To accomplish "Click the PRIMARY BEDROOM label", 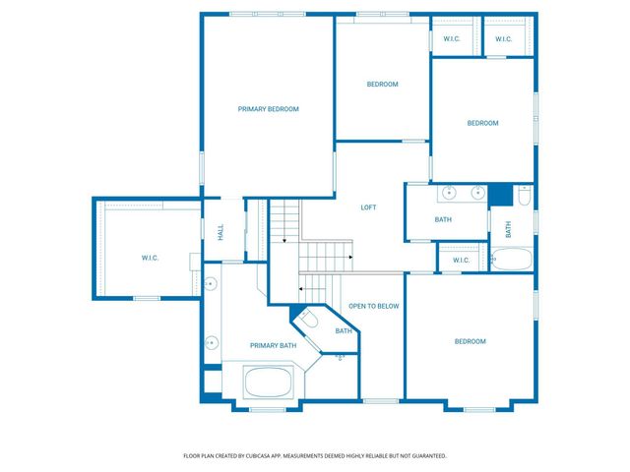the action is [269, 109].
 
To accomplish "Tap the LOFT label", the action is [368, 207].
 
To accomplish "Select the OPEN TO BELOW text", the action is [374, 306].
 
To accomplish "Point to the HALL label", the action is [220, 232].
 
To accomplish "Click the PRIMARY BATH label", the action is [274, 345].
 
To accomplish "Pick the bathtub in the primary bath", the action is [268, 382].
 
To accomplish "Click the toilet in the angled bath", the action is [309, 320].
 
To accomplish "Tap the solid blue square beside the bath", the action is [500, 195].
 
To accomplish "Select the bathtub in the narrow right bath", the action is [512, 259].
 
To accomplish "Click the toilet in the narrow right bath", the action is [524, 195].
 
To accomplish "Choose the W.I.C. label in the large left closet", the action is [150, 258].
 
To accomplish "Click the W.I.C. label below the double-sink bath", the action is [461, 260].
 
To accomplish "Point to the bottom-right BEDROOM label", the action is [471, 341].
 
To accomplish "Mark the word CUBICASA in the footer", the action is [265, 456].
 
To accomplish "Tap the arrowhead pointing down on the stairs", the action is [284, 241].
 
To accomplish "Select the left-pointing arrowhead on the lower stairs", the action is [300, 288].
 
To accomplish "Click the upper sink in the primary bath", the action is [210, 284].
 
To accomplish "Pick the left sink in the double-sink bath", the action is [449, 193].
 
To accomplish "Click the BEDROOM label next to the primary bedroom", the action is [383, 84].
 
